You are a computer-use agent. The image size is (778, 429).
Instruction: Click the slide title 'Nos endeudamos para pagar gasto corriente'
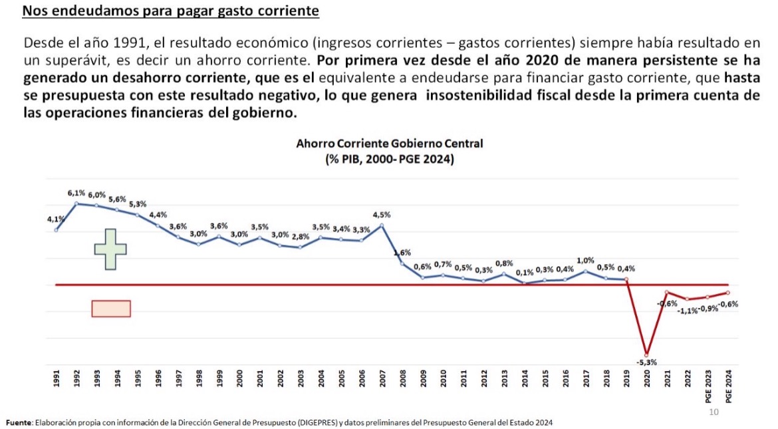(171, 12)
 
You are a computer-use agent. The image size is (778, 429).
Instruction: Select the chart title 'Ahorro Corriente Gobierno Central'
(389, 143)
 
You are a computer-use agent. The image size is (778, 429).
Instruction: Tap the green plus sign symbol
(110, 249)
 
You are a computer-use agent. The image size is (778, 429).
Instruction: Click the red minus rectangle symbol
(111, 309)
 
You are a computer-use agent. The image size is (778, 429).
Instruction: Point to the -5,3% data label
(645, 362)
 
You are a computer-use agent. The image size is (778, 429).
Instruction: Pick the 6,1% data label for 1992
(76, 193)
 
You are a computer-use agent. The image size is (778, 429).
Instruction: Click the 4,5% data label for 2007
(382, 214)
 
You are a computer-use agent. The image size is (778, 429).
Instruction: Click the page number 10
(713, 412)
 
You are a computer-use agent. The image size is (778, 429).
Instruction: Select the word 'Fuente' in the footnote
(18, 422)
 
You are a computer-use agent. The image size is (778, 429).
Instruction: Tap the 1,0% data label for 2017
(584, 261)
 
